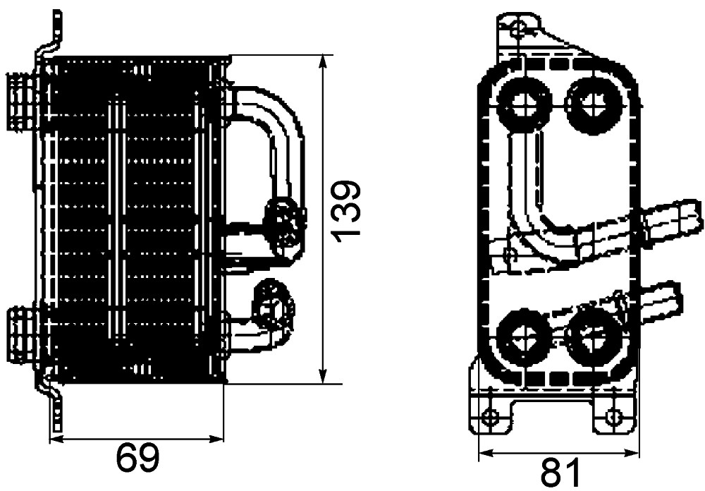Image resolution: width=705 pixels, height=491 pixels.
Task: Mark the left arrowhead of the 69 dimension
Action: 56,439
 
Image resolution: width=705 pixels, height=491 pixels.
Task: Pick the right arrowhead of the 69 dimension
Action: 218,439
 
